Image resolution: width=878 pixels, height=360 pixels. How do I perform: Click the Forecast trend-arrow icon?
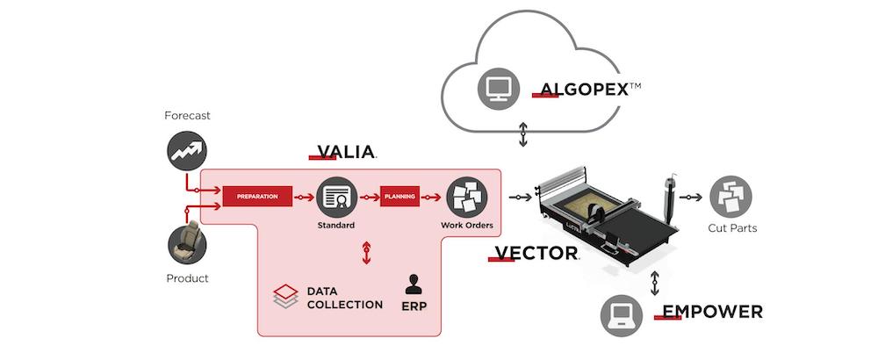(187, 151)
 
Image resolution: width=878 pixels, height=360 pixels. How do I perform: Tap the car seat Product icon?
(187, 245)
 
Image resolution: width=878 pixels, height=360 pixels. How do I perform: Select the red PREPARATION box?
(257, 197)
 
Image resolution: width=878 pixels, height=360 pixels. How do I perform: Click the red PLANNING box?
(399, 197)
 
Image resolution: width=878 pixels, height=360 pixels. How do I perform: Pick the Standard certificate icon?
(336, 197)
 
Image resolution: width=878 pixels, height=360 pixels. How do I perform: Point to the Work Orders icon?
(467, 197)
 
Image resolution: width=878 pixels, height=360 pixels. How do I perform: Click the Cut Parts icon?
(730, 197)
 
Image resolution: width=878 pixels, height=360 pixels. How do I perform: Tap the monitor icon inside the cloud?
(498, 89)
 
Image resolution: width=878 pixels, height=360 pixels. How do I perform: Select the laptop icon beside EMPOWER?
(622, 316)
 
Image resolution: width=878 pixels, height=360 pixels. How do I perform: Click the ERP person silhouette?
(414, 284)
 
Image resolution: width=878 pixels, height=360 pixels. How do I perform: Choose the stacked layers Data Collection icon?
(285, 297)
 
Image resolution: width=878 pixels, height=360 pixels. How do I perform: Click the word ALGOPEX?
(584, 90)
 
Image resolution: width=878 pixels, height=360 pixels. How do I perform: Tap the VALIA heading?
(345, 152)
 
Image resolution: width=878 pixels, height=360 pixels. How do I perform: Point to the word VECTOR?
(536, 253)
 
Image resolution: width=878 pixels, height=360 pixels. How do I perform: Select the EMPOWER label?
(712, 312)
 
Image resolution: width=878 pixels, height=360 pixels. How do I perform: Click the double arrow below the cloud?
(523, 134)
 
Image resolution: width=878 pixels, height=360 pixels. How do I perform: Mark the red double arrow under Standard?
(366, 253)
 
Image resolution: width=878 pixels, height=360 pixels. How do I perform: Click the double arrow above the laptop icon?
(654, 284)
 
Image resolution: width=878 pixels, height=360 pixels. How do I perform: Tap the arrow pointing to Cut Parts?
(690, 197)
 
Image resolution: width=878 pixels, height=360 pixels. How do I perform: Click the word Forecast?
(187, 116)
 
